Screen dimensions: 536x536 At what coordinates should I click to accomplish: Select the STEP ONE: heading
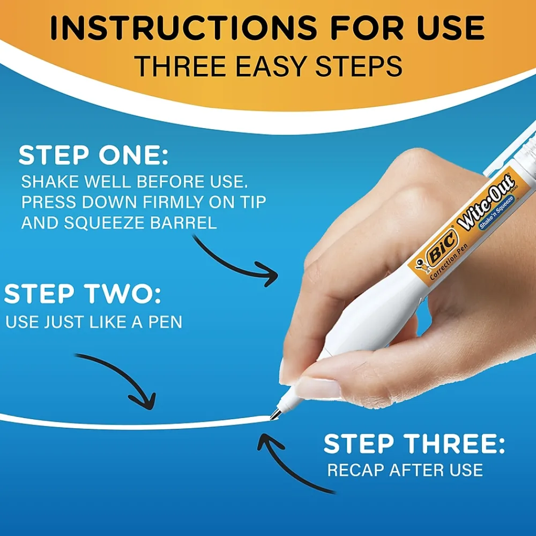[94, 155]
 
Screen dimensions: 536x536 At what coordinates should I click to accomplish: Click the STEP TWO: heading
[83, 294]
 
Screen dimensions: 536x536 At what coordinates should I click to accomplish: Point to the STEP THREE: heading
[414, 443]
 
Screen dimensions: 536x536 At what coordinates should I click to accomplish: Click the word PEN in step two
[165, 322]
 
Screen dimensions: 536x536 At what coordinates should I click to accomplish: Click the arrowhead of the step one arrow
[269, 273]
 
